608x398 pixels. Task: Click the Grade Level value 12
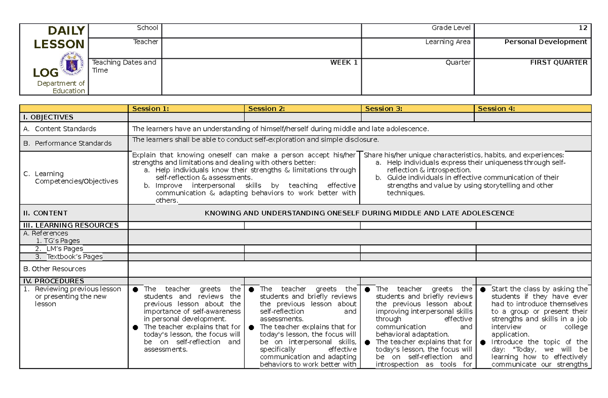(x=584, y=28)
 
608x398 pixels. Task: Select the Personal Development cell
(x=546, y=42)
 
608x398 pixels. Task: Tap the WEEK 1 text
(x=344, y=62)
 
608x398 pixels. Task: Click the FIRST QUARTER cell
(x=558, y=62)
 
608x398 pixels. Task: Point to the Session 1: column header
(x=150, y=108)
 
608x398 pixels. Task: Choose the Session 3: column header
(x=384, y=108)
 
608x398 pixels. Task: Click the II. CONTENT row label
(x=45, y=213)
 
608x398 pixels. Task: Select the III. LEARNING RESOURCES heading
(x=70, y=225)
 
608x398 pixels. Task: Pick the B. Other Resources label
(x=55, y=269)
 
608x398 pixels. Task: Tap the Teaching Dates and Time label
(x=124, y=66)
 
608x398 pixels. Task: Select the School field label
(x=147, y=28)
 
